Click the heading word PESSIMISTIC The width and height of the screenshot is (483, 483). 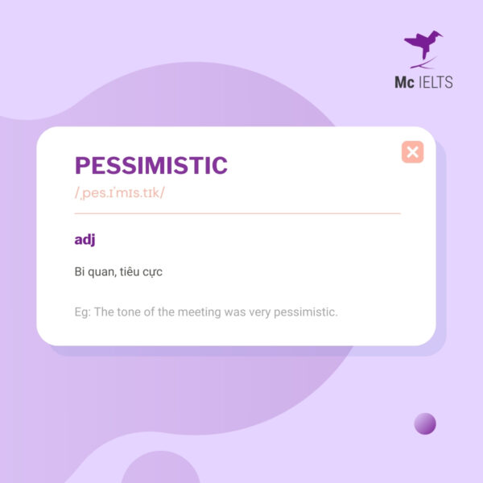(x=151, y=166)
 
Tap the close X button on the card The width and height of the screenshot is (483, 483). (x=412, y=152)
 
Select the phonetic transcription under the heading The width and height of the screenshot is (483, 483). (x=119, y=194)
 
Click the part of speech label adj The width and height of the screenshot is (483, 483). (x=85, y=240)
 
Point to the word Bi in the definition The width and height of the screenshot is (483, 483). (x=80, y=272)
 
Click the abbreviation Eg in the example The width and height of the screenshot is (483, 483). (x=81, y=312)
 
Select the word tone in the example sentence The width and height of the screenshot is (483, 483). (x=131, y=312)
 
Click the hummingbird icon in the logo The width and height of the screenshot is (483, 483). (x=423, y=47)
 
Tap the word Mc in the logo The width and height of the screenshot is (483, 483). (x=404, y=81)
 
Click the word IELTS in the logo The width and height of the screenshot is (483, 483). (x=436, y=81)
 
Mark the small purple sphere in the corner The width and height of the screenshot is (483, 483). (x=425, y=423)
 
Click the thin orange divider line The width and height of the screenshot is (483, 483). (x=237, y=213)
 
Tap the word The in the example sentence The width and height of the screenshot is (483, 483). (x=105, y=312)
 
